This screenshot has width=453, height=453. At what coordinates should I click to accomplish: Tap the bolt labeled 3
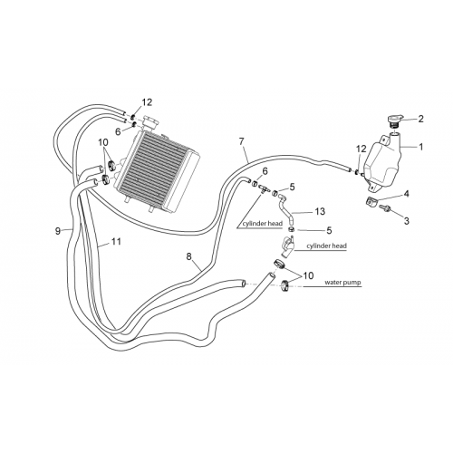pyautogui.click(x=385, y=208)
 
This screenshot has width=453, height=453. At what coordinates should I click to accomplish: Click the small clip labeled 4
pyautogui.click(x=371, y=202)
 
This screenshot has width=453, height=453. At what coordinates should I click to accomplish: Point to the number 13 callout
pyautogui.click(x=320, y=211)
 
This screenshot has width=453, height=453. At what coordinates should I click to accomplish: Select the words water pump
pyautogui.click(x=342, y=283)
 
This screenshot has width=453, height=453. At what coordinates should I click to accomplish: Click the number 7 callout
pyautogui.click(x=241, y=141)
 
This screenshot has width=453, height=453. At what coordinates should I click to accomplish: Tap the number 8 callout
pyautogui.click(x=188, y=256)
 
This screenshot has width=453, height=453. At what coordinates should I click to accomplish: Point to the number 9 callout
pyautogui.click(x=58, y=231)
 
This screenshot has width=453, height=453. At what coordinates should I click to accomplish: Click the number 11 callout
pyautogui.click(x=116, y=241)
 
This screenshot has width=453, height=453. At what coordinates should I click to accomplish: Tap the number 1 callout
pyautogui.click(x=420, y=147)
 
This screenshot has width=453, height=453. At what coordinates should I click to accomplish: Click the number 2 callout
pyautogui.click(x=420, y=119)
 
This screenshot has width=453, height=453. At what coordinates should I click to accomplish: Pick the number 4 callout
pyautogui.click(x=407, y=194)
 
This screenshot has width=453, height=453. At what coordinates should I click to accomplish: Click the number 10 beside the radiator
pyautogui.click(x=103, y=142)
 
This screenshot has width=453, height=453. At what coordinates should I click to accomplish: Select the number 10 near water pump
pyautogui.click(x=308, y=275)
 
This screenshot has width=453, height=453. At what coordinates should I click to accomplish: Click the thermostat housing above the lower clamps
pyautogui.click(x=287, y=246)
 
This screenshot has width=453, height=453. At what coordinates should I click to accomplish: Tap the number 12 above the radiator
pyautogui.click(x=147, y=102)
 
